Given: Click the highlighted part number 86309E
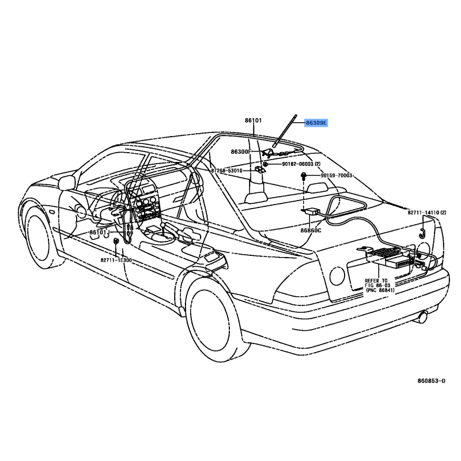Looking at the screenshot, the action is click(316, 123).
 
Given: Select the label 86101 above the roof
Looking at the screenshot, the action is click(253, 120).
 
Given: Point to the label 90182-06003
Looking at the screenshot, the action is click(298, 164).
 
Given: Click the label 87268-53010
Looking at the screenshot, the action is click(226, 171).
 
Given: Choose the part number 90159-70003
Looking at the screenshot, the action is click(337, 176).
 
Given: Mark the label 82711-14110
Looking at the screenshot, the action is click(424, 212).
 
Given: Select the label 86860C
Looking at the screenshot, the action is click(311, 230).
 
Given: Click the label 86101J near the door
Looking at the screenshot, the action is click(100, 232).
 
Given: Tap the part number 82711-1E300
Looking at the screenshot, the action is click(116, 260).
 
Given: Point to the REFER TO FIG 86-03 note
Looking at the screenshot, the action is click(379, 285).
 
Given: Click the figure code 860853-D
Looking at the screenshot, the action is click(431, 381).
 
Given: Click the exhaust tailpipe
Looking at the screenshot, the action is click(422, 318).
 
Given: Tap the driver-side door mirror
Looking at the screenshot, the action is click(67, 182).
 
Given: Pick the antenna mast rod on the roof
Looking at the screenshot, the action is click(285, 131).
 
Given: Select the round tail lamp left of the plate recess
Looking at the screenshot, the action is click(337, 276).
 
